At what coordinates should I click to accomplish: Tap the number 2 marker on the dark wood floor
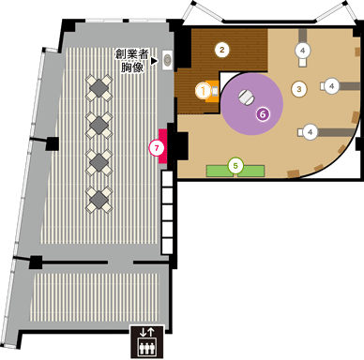(222, 49)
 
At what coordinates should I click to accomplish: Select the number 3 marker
(299, 89)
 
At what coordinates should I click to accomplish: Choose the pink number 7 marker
(156, 146)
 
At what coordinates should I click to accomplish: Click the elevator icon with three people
(145, 347)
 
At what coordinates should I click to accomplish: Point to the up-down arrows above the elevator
(145, 331)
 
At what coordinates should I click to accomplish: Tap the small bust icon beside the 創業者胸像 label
(168, 59)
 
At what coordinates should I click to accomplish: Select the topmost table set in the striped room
(99, 89)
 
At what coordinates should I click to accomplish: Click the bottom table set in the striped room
(99, 197)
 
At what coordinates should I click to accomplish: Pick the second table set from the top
(99, 125)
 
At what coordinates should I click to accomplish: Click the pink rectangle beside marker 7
(165, 145)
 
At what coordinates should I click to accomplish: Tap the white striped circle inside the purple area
(245, 95)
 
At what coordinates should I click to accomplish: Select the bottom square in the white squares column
(168, 247)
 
